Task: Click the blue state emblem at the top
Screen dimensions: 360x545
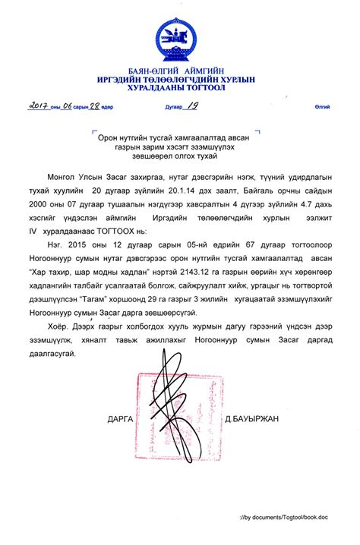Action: (x=179, y=37)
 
